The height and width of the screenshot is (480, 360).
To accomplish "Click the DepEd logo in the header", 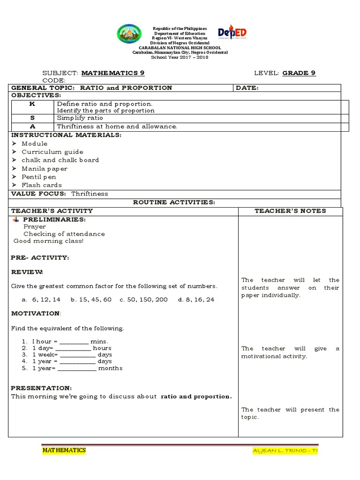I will click(232, 34).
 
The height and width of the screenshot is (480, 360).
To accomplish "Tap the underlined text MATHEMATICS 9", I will click(113, 73).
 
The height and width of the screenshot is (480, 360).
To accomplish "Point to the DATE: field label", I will click(247, 88).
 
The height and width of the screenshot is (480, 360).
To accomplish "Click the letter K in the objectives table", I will click(32, 103).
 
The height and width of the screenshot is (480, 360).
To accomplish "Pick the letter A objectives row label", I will click(32, 127).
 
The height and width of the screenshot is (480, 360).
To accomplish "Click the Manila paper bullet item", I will click(45, 169).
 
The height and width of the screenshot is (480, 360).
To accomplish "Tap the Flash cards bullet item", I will click(42, 185).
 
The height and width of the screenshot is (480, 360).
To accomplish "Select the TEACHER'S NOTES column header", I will click(290, 211).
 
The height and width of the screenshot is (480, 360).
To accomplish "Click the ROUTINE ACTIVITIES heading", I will click(174, 202).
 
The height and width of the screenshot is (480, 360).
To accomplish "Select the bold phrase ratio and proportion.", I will click(196, 397).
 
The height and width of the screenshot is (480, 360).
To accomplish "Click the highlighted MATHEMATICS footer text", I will click(64, 450).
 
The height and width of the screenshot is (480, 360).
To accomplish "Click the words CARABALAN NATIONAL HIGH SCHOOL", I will click(180, 48).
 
